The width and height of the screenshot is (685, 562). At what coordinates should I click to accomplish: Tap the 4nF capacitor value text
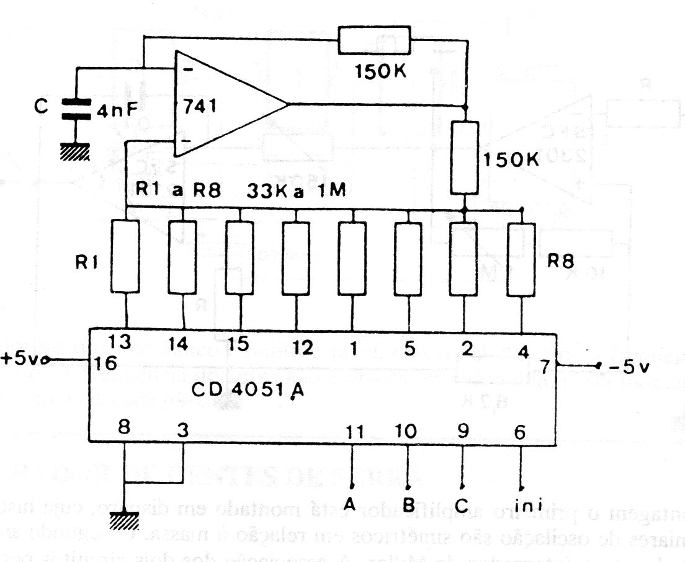(x=118, y=112)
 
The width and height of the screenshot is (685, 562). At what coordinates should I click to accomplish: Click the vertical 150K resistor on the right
(x=465, y=158)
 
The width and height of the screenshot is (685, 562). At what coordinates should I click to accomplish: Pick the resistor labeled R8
(x=521, y=261)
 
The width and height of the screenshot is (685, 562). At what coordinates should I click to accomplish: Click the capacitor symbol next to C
(x=75, y=109)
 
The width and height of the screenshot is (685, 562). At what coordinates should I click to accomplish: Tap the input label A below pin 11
(x=350, y=504)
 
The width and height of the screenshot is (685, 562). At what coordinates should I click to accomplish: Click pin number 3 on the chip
(x=181, y=429)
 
